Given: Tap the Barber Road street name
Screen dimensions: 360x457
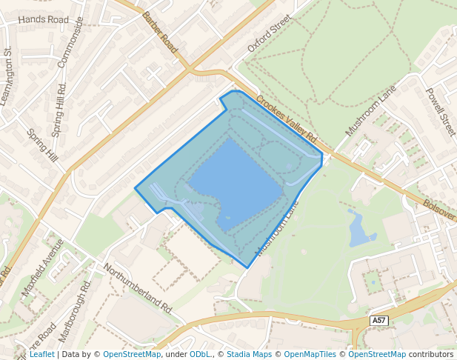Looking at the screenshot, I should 161,32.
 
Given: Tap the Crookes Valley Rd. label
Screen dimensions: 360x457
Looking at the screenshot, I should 287,119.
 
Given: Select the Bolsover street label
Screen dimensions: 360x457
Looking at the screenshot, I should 439,207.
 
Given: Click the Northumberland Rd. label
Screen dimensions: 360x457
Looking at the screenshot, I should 137,287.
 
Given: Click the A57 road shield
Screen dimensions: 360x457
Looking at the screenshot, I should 379,320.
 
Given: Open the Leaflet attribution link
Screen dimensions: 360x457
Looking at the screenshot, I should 41,354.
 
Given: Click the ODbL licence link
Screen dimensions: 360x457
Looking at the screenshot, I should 200,354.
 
